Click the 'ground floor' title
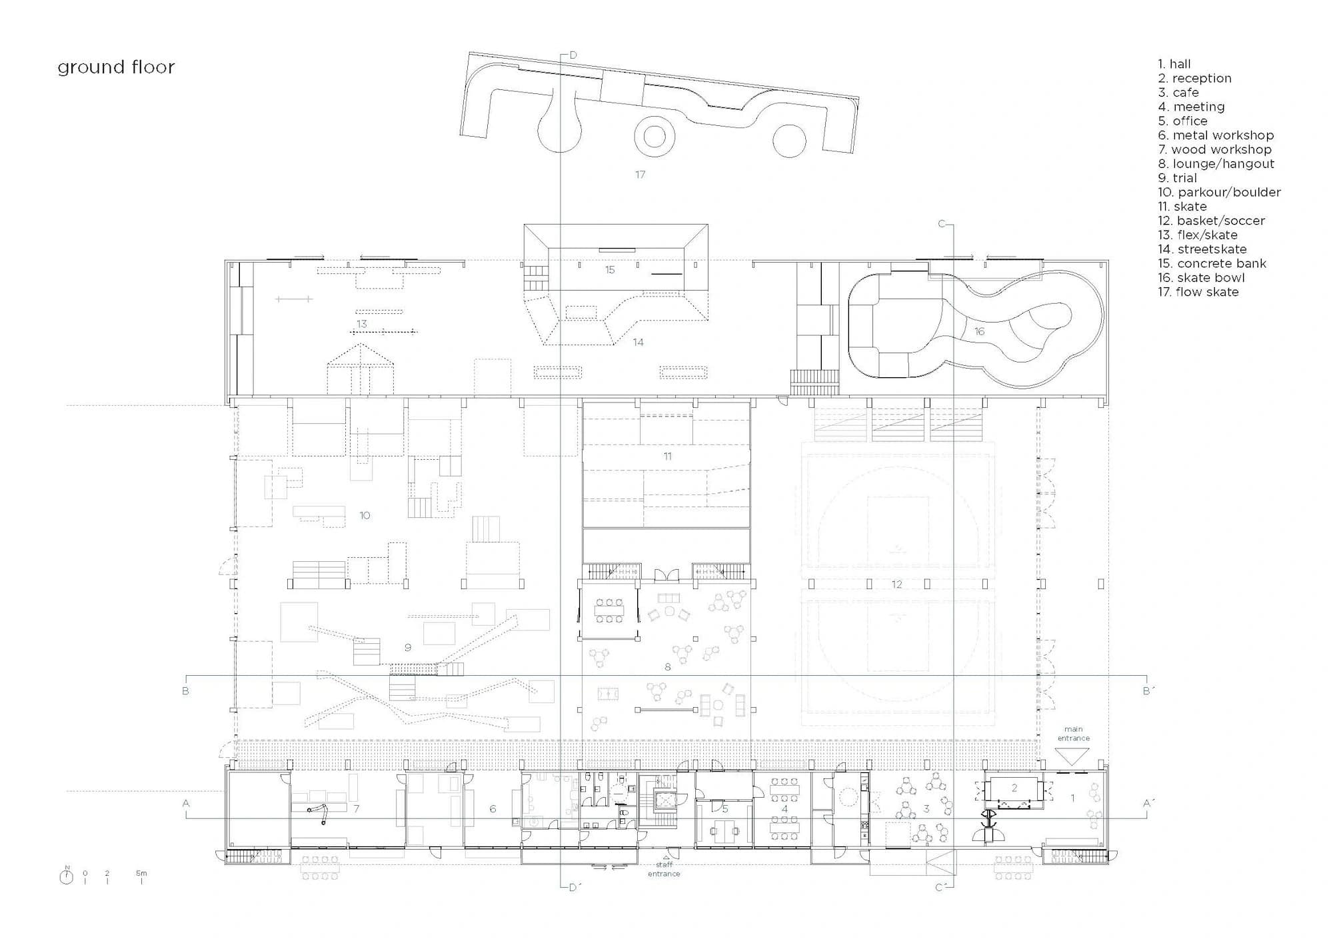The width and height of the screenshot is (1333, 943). pyautogui.click(x=116, y=67)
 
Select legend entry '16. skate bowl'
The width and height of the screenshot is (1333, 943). pyautogui.click(x=1201, y=278)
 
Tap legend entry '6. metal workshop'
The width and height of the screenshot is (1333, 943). pyautogui.click(x=1216, y=135)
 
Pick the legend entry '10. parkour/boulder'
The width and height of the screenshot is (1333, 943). pyautogui.click(x=1219, y=193)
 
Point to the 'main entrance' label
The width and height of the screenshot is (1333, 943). pyautogui.click(x=1073, y=734)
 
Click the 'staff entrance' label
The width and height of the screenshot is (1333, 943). pyautogui.click(x=664, y=869)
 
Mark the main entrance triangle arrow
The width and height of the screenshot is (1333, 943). pyautogui.click(x=1072, y=756)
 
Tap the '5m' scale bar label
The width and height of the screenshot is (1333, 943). pyautogui.click(x=141, y=873)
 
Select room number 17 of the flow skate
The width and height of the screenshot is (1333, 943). pyautogui.click(x=640, y=175)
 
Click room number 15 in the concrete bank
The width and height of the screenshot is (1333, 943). pyautogui.click(x=610, y=270)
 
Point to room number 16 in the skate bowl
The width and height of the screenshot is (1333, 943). pyautogui.click(x=979, y=331)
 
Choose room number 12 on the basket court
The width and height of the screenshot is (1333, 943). pyautogui.click(x=896, y=584)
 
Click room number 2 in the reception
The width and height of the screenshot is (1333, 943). pyautogui.click(x=1014, y=788)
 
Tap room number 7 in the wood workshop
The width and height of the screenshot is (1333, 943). pyautogui.click(x=357, y=809)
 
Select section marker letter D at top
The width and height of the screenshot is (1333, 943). pyautogui.click(x=573, y=55)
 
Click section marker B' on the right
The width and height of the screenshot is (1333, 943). pyautogui.click(x=1148, y=691)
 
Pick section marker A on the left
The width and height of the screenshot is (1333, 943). pyautogui.click(x=186, y=804)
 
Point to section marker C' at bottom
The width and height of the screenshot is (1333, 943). pyautogui.click(x=941, y=888)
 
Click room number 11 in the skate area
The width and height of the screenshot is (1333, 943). pyautogui.click(x=667, y=457)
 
